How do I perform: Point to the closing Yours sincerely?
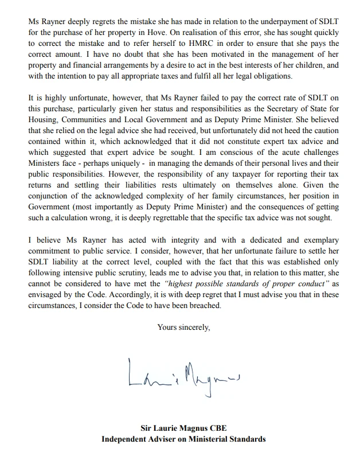point(183,328)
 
